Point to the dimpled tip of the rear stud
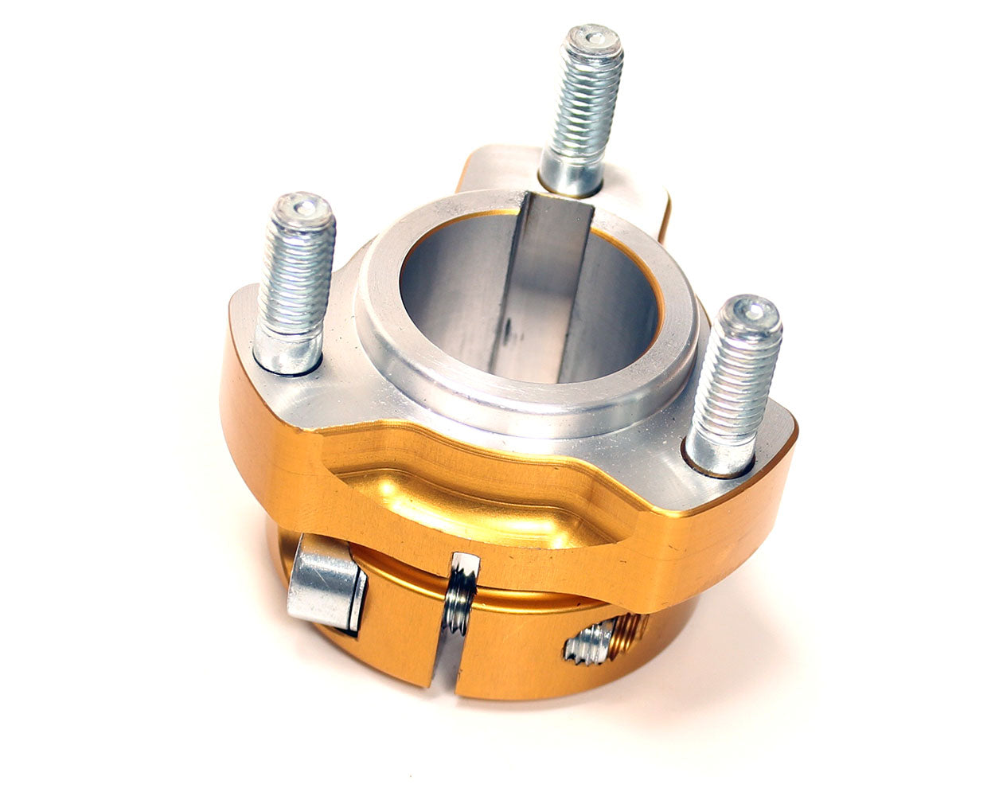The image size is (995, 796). click(592, 38)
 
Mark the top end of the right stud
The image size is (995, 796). click(748, 310)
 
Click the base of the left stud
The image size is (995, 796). click(287, 354)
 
